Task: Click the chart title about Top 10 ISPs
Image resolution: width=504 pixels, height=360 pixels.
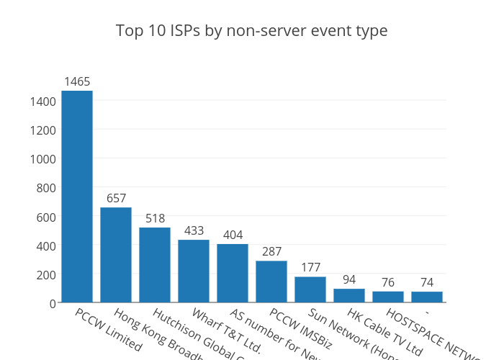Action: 252,31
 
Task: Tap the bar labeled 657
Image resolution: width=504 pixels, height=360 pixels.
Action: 116,255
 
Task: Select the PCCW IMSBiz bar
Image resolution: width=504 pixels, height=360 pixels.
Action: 271,282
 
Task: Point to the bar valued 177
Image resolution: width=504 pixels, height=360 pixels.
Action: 310,289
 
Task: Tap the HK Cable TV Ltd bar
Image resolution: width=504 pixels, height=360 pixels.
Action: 349,295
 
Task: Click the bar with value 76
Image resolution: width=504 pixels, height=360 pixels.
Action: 388,297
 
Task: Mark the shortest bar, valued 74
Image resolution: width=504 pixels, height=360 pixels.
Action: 427,297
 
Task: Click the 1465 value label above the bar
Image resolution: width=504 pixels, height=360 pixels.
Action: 77,81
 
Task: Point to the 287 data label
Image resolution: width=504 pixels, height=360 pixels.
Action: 271,251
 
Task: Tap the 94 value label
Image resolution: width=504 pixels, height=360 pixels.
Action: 349,279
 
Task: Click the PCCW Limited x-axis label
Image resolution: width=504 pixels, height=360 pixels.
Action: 108,329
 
